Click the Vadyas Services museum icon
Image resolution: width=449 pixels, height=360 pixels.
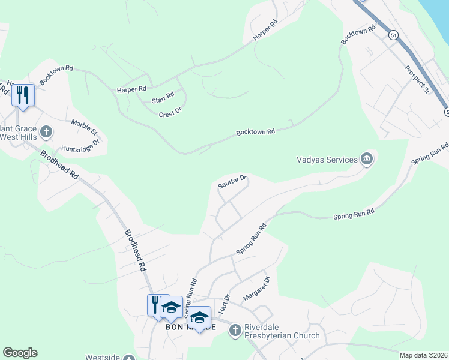click(367, 159)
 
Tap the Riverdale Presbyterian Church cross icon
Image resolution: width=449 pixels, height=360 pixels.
click(235, 330)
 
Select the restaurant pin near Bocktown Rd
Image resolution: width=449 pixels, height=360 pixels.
click(23, 96)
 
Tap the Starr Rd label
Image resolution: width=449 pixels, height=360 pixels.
click(163, 95)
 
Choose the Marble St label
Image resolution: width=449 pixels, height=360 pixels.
click(85, 127)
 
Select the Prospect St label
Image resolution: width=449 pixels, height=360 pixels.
click(418, 80)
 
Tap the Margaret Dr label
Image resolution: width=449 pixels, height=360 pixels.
click(257, 288)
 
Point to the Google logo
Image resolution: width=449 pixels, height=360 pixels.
click(20, 353)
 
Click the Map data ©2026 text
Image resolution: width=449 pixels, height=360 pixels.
click(423, 355)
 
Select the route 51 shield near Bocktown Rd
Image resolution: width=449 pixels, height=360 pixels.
click(393, 35)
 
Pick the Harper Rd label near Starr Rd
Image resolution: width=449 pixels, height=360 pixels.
click(132, 89)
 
